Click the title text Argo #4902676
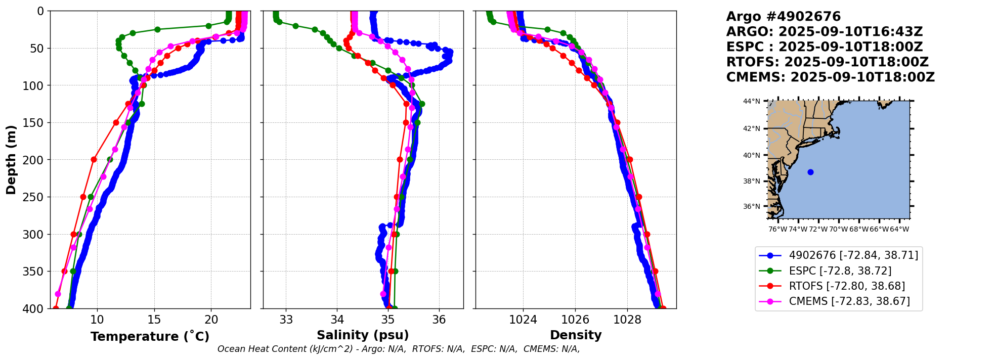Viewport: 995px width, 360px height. point(783,17)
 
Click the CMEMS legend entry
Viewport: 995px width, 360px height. point(849,301)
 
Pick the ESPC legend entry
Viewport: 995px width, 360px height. point(840,271)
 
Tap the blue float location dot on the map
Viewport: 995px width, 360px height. point(810,172)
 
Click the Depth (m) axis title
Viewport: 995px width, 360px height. point(11,159)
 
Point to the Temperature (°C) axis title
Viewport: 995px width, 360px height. point(150,337)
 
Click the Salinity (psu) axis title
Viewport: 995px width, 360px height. point(363,335)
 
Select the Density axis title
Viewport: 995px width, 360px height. point(576,335)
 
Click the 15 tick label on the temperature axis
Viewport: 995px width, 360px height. point(154,320)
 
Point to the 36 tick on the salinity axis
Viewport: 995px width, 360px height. point(439,320)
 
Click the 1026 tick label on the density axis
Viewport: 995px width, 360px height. point(575,320)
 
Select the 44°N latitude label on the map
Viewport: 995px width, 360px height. point(751,102)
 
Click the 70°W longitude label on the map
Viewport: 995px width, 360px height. point(838,229)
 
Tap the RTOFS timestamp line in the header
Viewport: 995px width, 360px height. point(827,62)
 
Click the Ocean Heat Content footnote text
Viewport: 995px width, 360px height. point(399,349)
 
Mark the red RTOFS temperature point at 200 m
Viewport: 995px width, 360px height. point(94,159)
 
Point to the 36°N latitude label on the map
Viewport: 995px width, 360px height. point(751,206)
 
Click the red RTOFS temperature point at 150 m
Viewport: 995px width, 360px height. point(116,122)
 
